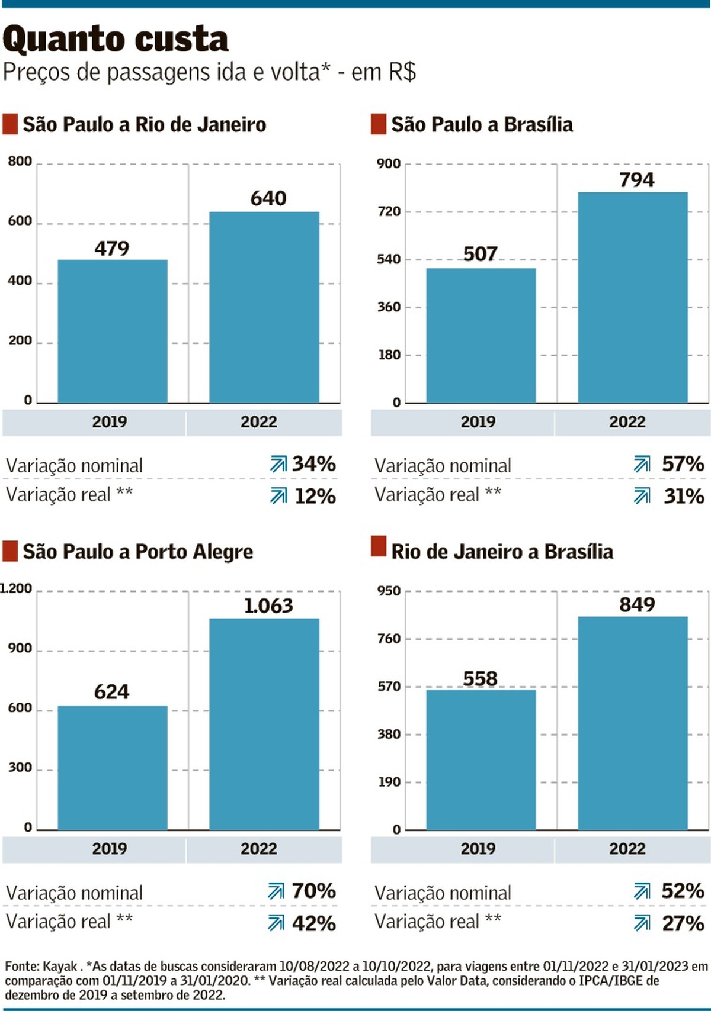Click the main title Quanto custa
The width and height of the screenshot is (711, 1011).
coord(116,40)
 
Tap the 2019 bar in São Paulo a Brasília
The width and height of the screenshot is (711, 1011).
coord(481,335)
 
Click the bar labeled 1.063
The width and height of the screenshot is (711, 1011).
coord(264,723)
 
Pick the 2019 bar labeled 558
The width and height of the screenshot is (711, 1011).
coord(481,759)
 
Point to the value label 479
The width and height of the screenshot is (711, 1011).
coord(111,249)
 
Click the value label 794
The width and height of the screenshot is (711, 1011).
coord(637,180)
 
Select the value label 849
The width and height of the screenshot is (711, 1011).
coord(637,605)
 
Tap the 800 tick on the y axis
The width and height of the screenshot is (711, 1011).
coord(20,162)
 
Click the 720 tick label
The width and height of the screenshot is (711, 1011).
coord(389,211)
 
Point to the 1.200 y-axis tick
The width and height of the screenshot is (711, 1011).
coord(17,588)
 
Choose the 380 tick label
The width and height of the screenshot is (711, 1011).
coord(389,734)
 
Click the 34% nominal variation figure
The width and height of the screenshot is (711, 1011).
coord(314,464)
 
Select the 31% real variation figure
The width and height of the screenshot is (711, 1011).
coord(684,496)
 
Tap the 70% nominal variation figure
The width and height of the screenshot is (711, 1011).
coord(314,891)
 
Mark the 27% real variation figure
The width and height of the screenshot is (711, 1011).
coord(683,923)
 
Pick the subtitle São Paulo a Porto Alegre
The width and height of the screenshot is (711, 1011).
coord(137,552)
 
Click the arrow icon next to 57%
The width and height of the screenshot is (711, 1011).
coord(642,464)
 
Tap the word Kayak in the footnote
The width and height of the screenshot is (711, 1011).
coord(60,967)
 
